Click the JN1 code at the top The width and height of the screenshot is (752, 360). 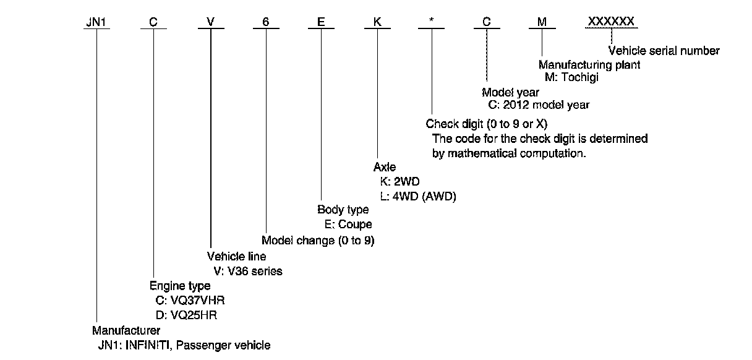pos(96,22)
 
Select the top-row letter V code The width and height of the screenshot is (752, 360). pos(210,22)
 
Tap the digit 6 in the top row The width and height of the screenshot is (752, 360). pos(266,22)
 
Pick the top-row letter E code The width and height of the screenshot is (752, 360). pos(321,22)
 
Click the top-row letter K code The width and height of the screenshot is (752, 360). pos(377,22)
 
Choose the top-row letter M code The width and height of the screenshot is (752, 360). pos(542,22)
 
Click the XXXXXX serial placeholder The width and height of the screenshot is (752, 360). pos(611,22)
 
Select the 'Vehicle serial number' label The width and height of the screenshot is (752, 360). pos(664,51)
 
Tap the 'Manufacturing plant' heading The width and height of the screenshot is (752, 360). pos(589,64)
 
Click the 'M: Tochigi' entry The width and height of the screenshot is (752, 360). pos(572,77)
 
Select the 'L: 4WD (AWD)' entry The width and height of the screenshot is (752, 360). pos(418,196)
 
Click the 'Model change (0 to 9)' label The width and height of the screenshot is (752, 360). pos(318,240)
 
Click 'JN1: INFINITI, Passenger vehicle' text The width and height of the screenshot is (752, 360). pos(184,345)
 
